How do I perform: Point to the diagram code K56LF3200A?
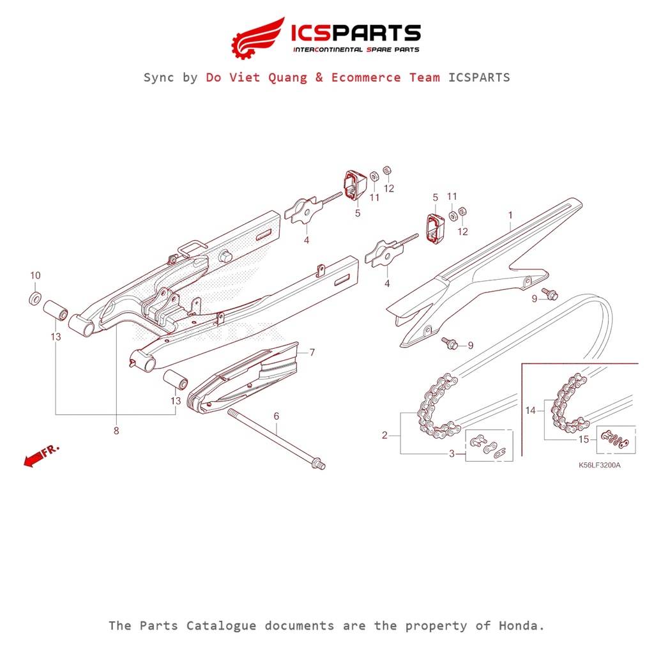pos(599,465)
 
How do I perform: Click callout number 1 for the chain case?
pos(510,215)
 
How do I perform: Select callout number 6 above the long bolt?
pos(277,416)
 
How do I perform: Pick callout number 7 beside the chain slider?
pos(312,352)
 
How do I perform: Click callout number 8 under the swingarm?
pos(116,431)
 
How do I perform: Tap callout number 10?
pos(35,275)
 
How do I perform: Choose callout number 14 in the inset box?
pos(531,411)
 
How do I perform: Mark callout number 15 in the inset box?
pos(584,439)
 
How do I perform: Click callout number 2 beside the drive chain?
pos(384,436)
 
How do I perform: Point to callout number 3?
pos(452,453)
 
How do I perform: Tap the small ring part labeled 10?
pos(36,298)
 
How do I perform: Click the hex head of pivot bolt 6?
pos(318,464)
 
